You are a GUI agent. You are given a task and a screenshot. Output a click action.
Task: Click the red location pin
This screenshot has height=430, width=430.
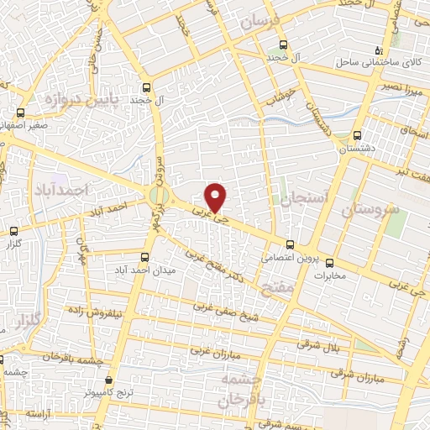(x=217, y=196)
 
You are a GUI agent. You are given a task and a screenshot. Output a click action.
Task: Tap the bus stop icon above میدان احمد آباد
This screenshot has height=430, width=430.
(x=144, y=257)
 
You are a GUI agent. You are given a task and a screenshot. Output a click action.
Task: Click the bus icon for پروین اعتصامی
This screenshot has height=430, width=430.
(x=290, y=246)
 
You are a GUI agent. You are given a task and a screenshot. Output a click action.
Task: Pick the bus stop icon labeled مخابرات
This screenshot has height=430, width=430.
(x=329, y=262)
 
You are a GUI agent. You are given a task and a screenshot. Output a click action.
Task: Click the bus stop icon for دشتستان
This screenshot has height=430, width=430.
(x=358, y=135)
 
